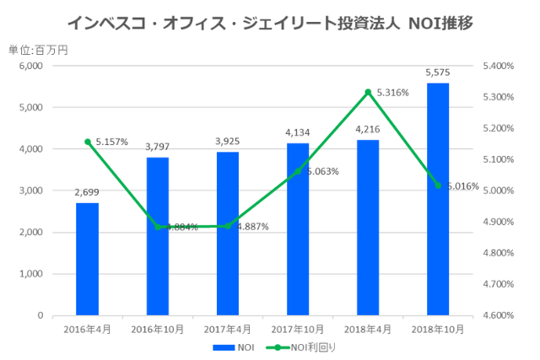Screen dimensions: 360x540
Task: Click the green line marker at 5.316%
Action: [x=368, y=92]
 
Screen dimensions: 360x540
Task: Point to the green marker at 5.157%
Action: [x=87, y=142]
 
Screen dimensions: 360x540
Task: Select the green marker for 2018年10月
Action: [x=438, y=185]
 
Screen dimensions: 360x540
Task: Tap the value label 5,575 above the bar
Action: [x=438, y=73]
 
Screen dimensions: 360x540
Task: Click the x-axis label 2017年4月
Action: [x=228, y=328]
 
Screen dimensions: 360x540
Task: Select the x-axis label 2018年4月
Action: [x=368, y=328]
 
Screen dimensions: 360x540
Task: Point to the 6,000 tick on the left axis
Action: [x=30, y=66]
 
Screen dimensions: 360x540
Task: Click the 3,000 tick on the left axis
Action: [x=30, y=191]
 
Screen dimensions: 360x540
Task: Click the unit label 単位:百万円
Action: [x=38, y=49]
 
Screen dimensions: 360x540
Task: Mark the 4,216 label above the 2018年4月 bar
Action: [x=368, y=130]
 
